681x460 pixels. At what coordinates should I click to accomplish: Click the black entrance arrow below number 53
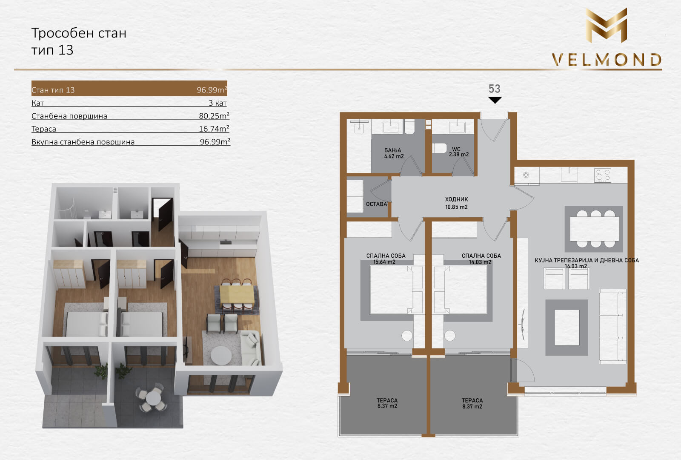[x=495, y=100]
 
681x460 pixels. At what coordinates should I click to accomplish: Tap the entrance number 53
[x=494, y=89]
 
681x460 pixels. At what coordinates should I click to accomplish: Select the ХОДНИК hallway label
[x=456, y=199]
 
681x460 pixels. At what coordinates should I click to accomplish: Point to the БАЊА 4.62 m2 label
[x=394, y=153]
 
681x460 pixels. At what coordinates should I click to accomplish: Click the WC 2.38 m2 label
[x=459, y=152]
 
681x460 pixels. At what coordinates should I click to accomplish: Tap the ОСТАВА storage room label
[x=376, y=204]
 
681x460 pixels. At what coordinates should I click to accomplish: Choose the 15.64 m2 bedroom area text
[x=384, y=262]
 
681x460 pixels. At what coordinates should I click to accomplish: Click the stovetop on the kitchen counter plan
[x=603, y=175]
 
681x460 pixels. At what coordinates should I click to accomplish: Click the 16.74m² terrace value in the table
[x=214, y=129]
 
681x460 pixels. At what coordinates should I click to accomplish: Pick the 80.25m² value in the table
[x=214, y=115]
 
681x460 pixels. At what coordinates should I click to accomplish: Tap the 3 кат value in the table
[x=217, y=103]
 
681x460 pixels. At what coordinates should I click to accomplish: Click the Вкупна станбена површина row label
[x=83, y=142]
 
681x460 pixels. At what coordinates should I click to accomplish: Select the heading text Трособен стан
[x=79, y=33]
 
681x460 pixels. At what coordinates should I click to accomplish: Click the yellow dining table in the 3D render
[x=237, y=294]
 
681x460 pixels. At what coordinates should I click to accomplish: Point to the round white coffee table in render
[x=221, y=355]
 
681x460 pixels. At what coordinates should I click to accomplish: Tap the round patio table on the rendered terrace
[x=153, y=397]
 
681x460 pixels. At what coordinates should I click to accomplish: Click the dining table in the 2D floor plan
[x=594, y=229]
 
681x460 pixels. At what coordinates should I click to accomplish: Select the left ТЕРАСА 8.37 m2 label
[x=387, y=403]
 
